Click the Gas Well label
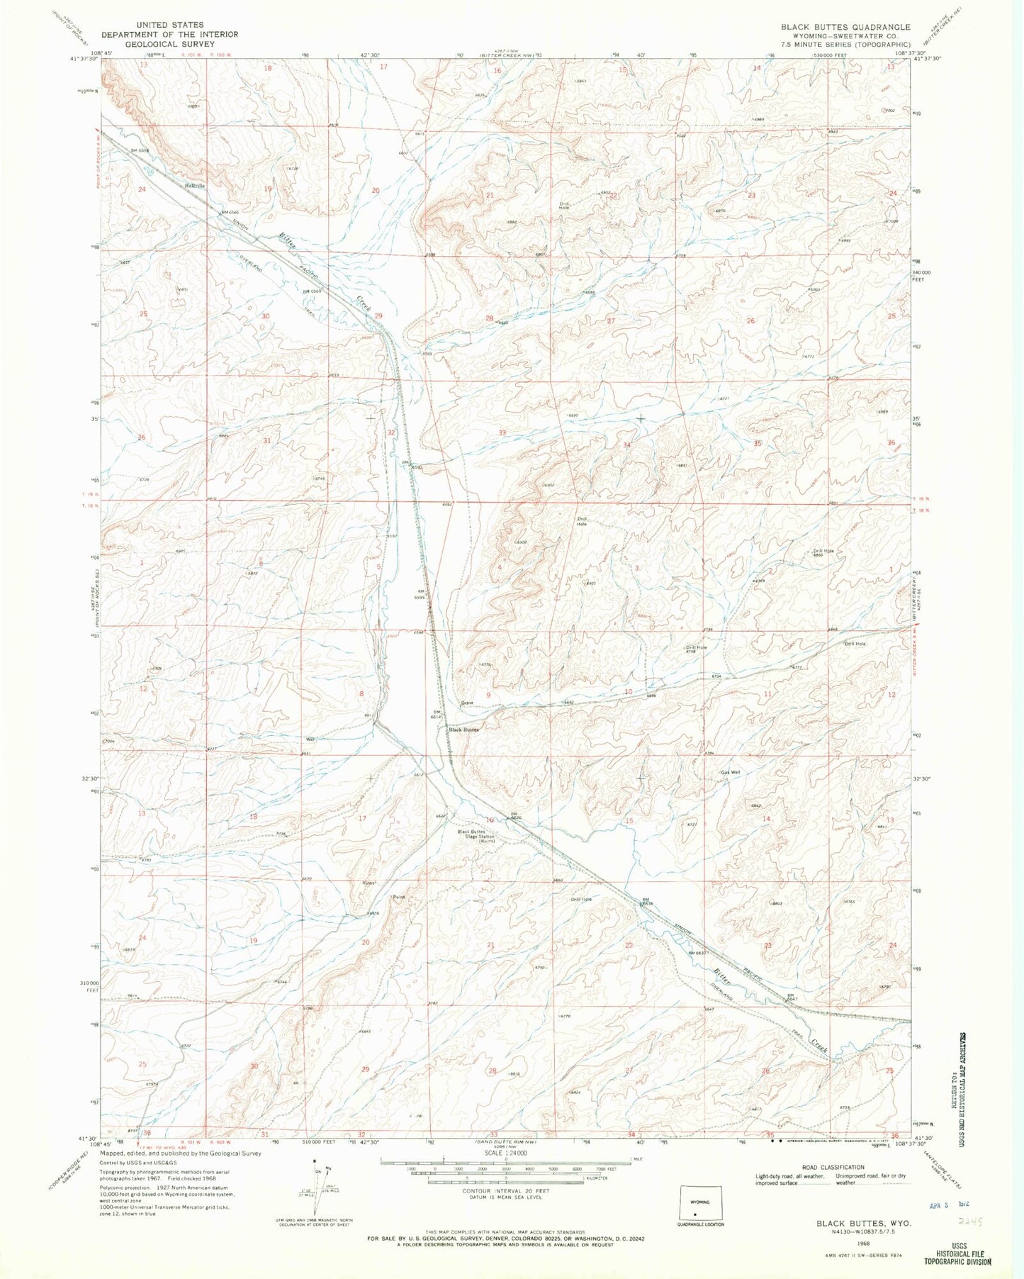731,773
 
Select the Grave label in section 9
467,703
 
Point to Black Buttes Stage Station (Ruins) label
476,837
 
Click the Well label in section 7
309,739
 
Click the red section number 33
502,432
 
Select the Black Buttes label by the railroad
463,729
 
